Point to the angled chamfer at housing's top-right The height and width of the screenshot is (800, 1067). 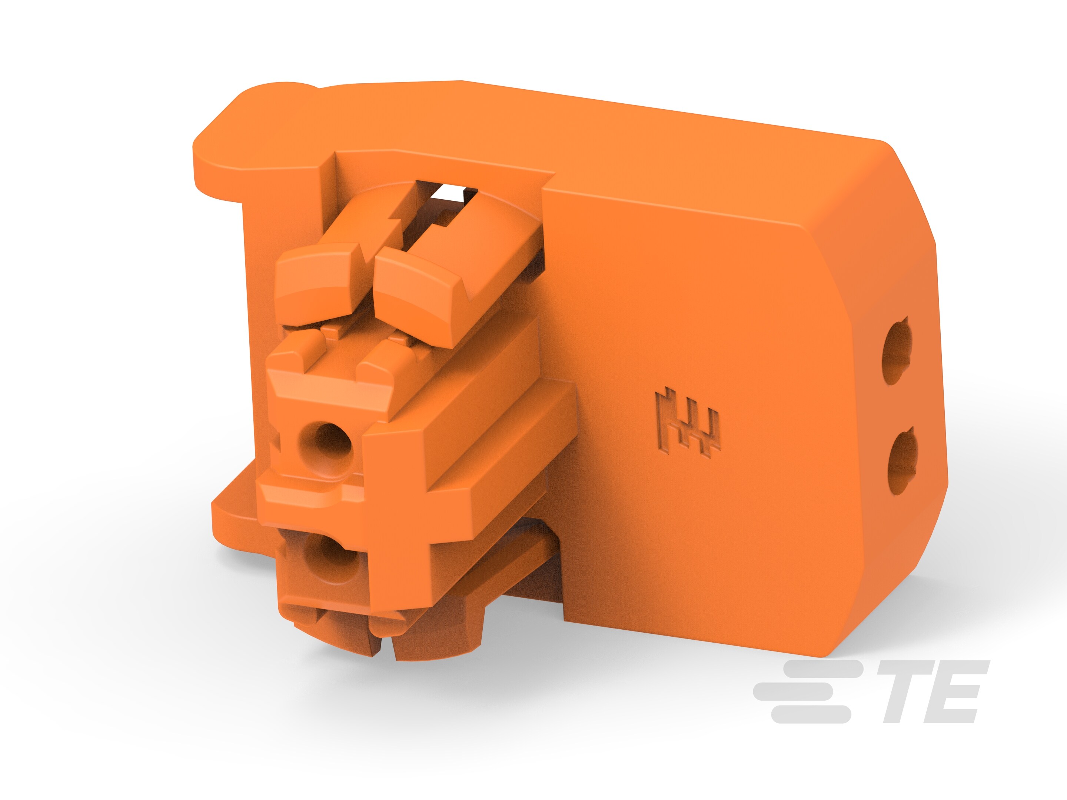pos(912,193)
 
